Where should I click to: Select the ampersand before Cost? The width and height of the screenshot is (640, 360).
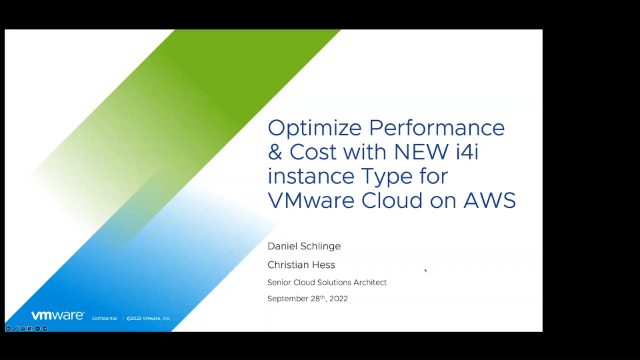point(276,153)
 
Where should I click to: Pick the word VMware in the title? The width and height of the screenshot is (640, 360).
point(313,200)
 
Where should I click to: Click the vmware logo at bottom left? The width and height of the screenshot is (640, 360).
point(57,316)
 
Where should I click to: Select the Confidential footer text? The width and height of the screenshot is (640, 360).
point(104,318)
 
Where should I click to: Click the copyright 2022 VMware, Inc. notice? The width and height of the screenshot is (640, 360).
point(149,318)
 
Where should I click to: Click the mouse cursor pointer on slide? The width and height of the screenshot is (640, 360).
point(426,269)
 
